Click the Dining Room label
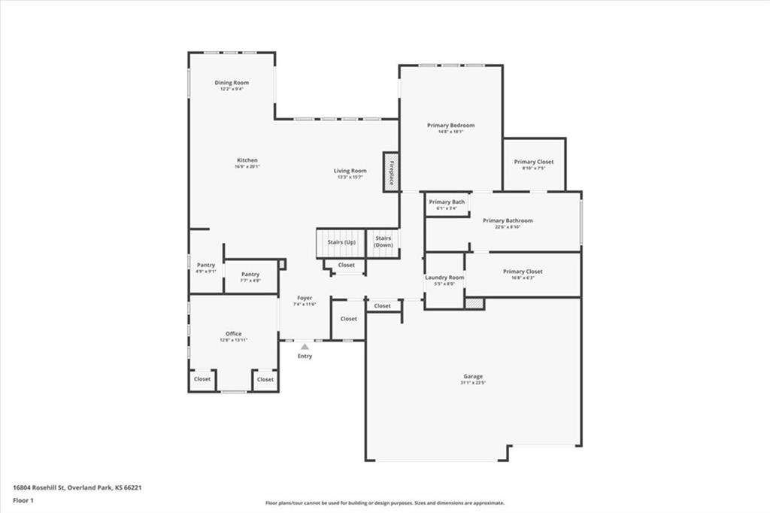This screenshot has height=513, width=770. pos(232,83)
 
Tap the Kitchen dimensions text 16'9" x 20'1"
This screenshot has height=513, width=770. pos(247,167)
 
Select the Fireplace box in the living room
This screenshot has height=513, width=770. pos(391,172)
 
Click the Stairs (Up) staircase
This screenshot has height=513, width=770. pos(340,243)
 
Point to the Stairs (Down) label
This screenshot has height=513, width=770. pos(383,241)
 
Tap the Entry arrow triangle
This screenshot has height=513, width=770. pos(305,347)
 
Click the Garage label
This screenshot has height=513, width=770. pos(473,376)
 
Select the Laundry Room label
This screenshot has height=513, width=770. pos(444,278)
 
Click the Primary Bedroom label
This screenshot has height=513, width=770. pos(451,125)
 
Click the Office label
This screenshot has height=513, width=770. pos(233,334)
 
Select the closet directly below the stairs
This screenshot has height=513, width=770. pos(346,266)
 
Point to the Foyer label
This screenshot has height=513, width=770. pos(305,299)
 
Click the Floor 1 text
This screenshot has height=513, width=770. pos(24,499)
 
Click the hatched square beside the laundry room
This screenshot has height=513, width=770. pos(474,303)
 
